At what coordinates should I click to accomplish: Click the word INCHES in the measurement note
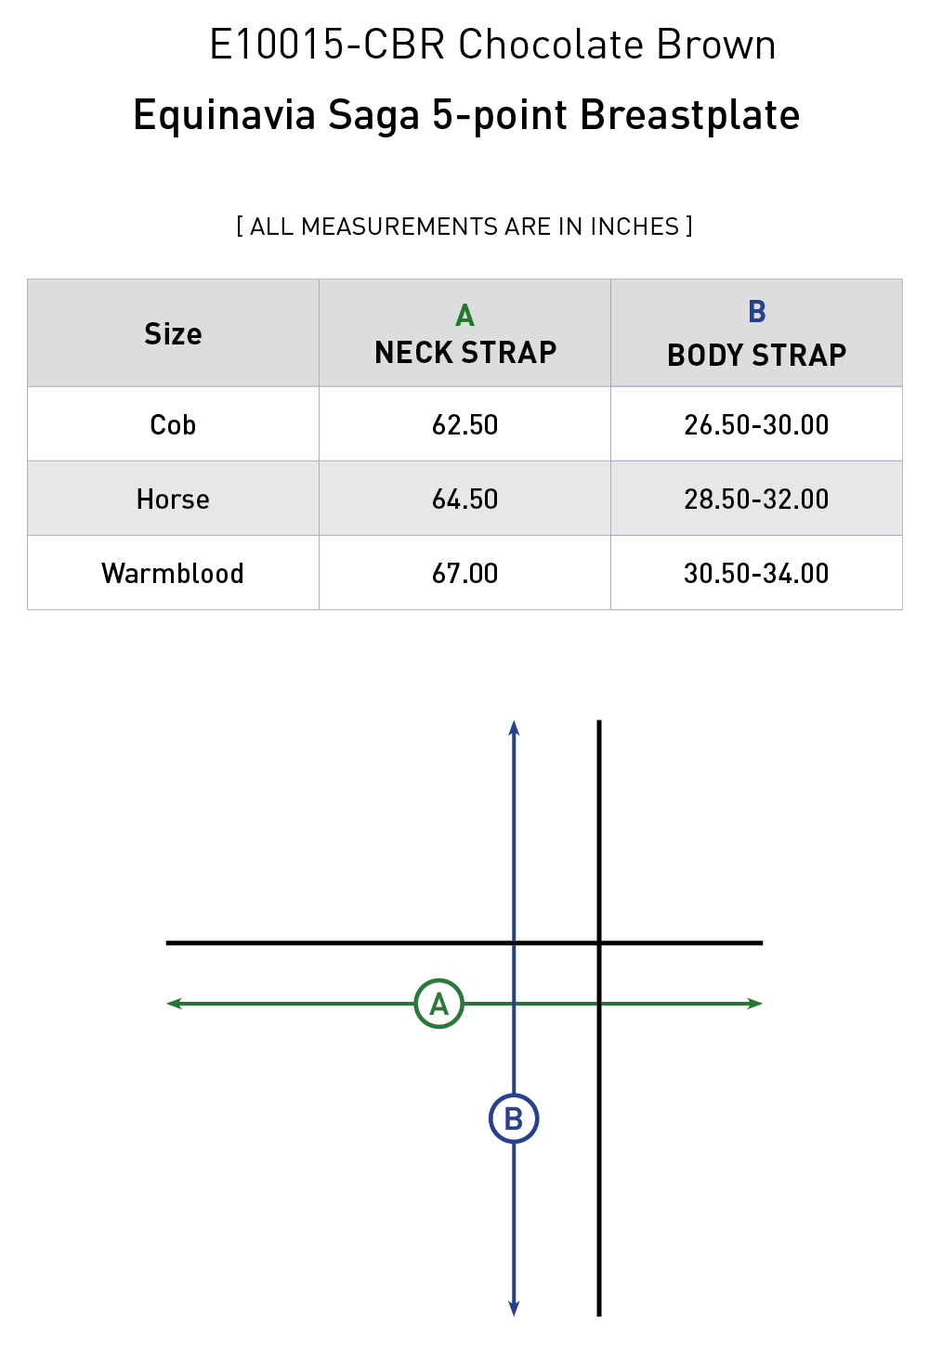(635, 227)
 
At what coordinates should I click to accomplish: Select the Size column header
(173, 333)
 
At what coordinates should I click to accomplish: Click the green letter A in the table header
(464, 316)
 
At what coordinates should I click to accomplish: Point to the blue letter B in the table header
(756, 312)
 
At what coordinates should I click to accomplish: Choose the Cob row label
(173, 424)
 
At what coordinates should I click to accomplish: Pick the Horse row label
(173, 499)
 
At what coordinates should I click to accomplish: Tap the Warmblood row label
(173, 573)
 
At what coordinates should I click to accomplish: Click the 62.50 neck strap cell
(464, 424)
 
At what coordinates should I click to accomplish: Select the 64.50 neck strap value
(464, 499)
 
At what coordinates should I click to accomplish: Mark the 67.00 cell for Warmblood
(464, 573)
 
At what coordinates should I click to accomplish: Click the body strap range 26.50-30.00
(756, 424)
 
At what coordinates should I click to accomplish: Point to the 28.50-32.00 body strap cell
(756, 499)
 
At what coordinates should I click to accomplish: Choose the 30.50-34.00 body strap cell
(756, 573)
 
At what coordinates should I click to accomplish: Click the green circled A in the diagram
(438, 1004)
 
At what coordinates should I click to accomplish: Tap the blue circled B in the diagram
(514, 1119)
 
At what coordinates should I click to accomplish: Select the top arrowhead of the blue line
(514, 727)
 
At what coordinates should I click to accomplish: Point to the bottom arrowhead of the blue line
(514, 1309)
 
